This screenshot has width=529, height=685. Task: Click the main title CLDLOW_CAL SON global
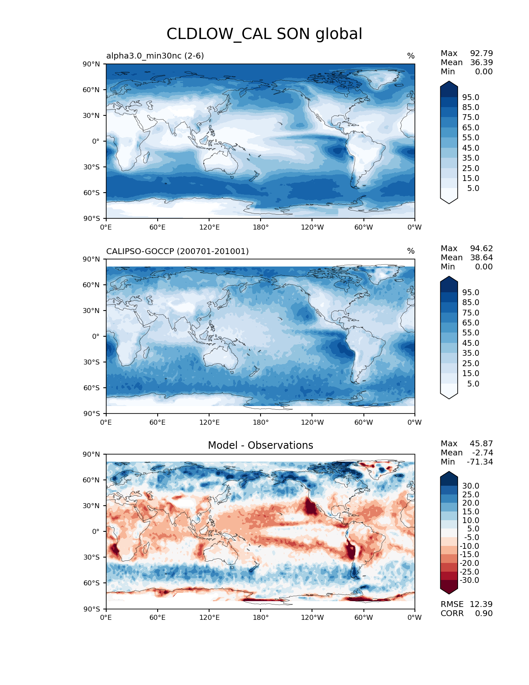pos(264,34)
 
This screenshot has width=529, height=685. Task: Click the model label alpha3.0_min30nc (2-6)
pos(155,56)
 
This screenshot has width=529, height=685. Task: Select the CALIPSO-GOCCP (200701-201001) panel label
pos(177,251)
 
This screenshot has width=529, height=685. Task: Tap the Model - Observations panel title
pos(260,445)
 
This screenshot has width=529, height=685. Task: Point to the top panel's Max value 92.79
pos(481,53)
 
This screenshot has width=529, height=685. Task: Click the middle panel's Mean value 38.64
pos(481,257)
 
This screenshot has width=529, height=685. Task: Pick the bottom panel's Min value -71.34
pos(480,462)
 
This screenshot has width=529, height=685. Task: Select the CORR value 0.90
pos(484,613)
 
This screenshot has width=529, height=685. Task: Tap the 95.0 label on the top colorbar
pos(470,97)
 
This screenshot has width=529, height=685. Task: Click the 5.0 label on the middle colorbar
pos(473,384)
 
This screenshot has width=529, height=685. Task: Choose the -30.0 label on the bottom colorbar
pos(469,580)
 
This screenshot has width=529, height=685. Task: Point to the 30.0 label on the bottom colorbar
pos(470,486)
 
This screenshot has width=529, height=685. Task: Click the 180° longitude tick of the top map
pos(261,227)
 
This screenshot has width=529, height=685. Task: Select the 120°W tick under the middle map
pos(312,422)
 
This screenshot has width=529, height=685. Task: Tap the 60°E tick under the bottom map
pos(158,617)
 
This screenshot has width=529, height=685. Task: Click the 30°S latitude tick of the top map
pos(91,167)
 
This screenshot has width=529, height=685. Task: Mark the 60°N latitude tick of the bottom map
pos(91,480)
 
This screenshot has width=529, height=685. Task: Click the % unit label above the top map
pos(411,56)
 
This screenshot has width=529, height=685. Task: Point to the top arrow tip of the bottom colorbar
pos(449,472)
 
